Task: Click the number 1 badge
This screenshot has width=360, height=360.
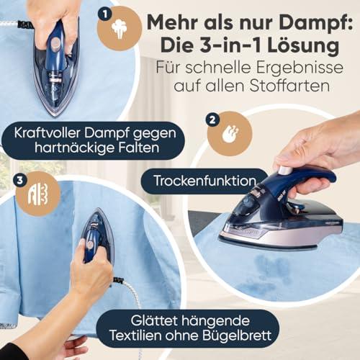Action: (x=105, y=14)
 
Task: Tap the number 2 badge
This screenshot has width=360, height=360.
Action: (x=212, y=120)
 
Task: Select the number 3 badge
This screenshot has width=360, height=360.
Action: (x=20, y=180)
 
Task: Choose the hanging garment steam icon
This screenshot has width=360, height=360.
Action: (x=38, y=194)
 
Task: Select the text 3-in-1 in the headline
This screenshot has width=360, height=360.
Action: (x=230, y=45)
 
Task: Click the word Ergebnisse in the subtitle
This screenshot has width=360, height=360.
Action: (x=300, y=68)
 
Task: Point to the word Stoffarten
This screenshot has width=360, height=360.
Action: (x=289, y=86)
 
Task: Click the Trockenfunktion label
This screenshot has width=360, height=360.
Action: (x=205, y=181)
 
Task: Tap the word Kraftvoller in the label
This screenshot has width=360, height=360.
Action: (x=48, y=132)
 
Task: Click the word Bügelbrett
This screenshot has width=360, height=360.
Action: (x=237, y=336)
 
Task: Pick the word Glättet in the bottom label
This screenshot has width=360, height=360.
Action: (x=155, y=320)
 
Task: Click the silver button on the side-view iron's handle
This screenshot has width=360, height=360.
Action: (x=286, y=170)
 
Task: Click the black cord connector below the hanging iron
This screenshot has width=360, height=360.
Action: (x=119, y=280)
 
